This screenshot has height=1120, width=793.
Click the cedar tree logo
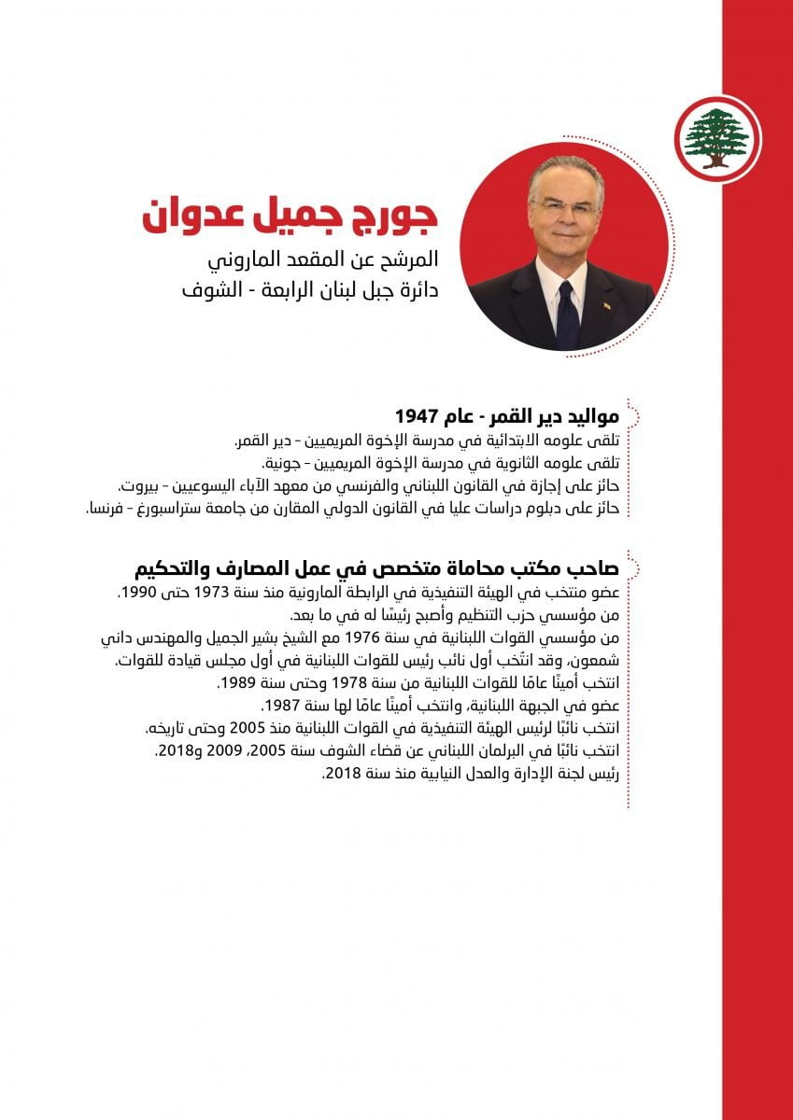716,138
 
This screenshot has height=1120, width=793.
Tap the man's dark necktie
567,314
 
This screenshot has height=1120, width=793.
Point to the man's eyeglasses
564,206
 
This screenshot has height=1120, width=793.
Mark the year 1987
281,706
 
